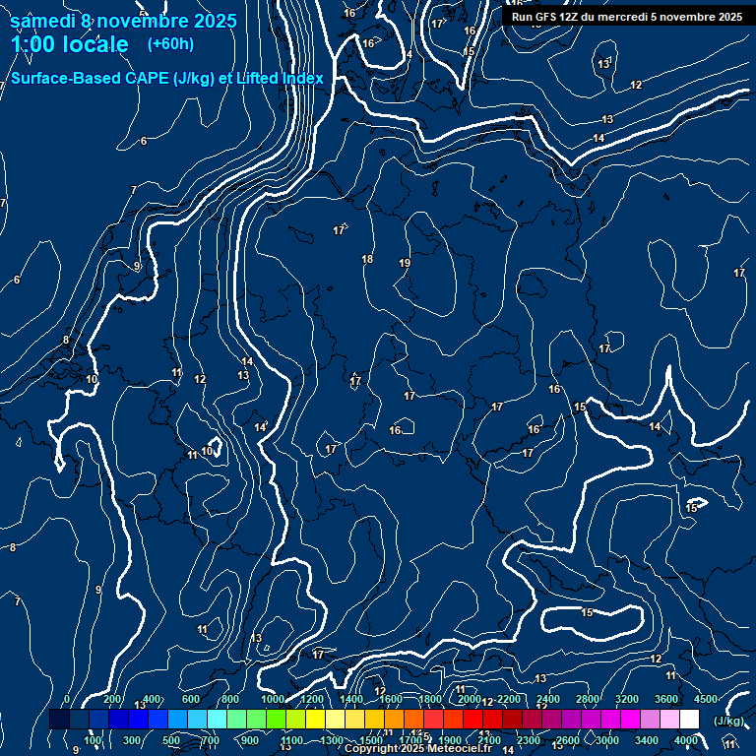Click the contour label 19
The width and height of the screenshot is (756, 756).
coord(405,263)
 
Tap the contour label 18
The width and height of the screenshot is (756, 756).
coord(367,259)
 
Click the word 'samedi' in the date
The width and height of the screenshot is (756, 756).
coord(43,21)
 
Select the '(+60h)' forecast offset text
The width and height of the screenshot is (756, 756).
coord(170,44)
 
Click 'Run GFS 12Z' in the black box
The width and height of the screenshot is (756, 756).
coord(544,16)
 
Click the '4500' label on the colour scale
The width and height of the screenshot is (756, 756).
coord(706,699)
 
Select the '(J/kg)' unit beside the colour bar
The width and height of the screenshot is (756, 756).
coord(728,722)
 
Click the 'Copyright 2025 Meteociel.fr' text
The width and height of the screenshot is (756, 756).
coord(417,749)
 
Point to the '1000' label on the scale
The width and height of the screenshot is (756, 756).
coord(272,699)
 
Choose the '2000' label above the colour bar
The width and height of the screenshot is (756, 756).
coord(470,699)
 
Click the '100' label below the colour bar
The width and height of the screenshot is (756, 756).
coord(93,740)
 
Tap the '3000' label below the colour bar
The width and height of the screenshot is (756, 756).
coord(607,740)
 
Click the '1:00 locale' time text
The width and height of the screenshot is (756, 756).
coord(69,44)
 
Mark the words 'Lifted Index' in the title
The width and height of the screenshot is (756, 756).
coord(281,78)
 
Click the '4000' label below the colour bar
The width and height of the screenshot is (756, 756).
coord(686,740)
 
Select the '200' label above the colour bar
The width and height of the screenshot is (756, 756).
coord(112,699)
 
